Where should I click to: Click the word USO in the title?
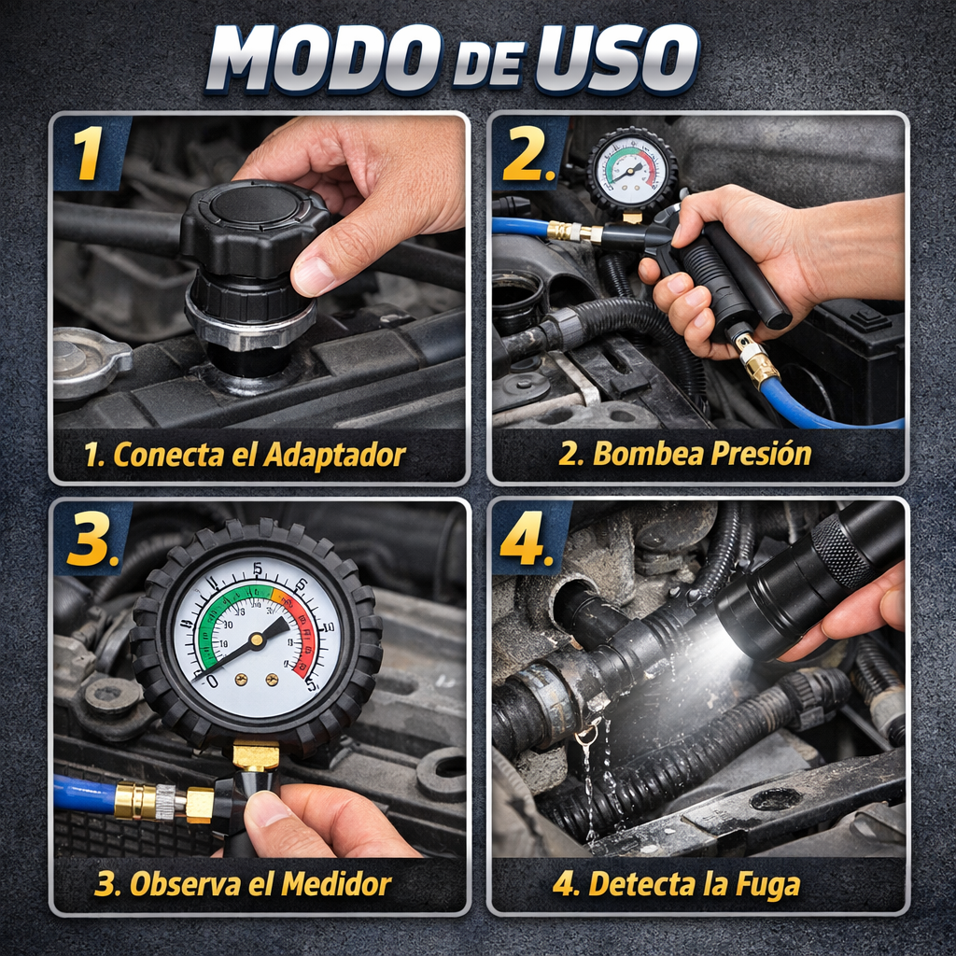[x=615, y=59]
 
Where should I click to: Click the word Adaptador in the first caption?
[x=334, y=456]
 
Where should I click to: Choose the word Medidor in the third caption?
[x=340, y=883]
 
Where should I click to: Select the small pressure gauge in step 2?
[x=632, y=171]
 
